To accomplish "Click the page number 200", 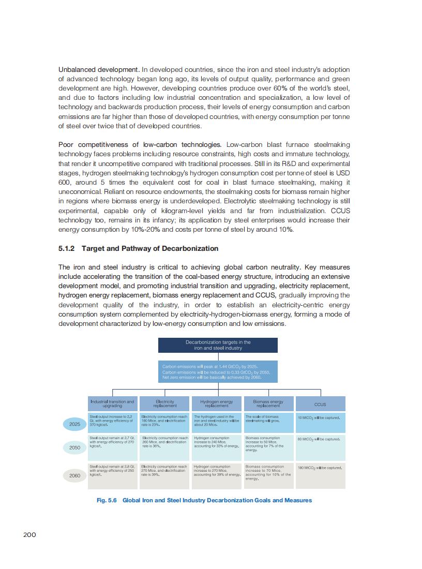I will pyautogui.click(x=29, y=534).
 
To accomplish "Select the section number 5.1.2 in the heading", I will pyautogui.click(x=67, y=248).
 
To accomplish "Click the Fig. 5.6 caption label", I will pyautogui.click(x=107, y=500).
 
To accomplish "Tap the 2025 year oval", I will pyautogui.click(x=75, y=424).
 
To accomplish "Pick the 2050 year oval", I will pyautogui.click(x=75, y=448).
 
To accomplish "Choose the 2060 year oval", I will pyautogui.click(x=75, y=475).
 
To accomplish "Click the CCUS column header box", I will pyautogui.click(x=320, y=404).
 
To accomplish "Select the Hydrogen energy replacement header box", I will pyautogui.click(x=216, y=404).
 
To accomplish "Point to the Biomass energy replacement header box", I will pyautogui.click(x=268, y=404).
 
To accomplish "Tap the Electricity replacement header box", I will pyautogui.click(x=164, y=404).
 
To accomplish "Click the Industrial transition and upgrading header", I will pyautogui.click(x=112, y=404).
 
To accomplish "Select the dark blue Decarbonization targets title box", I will pyautogui.click(x=218, y=345).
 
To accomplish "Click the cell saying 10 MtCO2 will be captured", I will pyautogui.click(x=320, y=423).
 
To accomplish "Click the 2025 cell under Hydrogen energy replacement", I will pyautogui.click(x=216, y=423).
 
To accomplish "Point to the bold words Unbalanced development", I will pyautogui.click(x=98, y=69).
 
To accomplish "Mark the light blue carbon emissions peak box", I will pyautogui.click(x=218, y=371).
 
